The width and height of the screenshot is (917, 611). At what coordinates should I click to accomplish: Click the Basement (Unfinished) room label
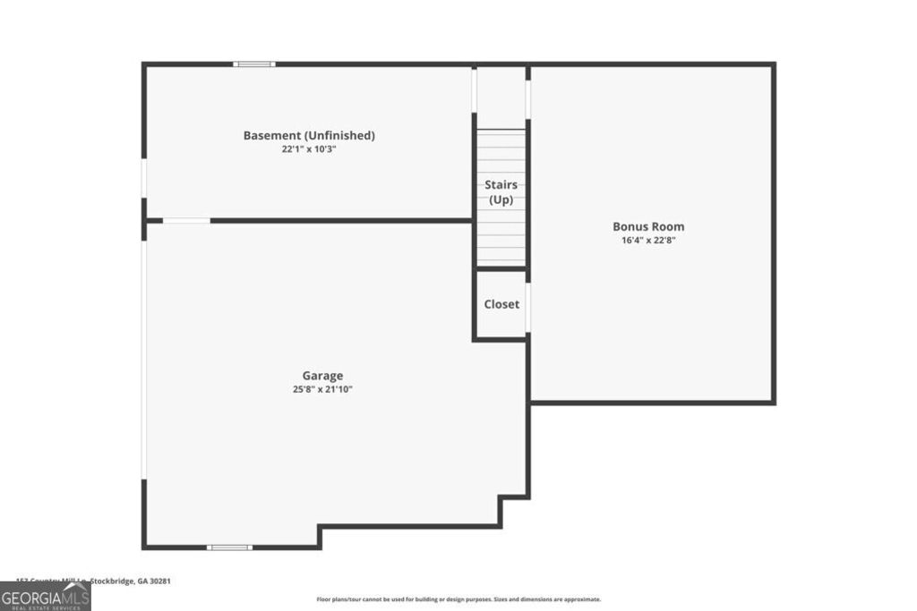coord(309,136)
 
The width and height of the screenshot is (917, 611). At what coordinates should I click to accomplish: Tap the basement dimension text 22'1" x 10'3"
coord(309,149)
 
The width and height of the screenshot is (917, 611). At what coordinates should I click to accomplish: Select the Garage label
coord(322,376)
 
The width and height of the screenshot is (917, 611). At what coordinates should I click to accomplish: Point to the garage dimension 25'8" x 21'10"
coord(322,389)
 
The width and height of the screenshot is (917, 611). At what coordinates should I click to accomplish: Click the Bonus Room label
coord(648,226)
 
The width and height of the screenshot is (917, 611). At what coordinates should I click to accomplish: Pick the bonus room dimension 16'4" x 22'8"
coord(648,240)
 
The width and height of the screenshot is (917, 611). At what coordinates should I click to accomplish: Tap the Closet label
coord(501,304)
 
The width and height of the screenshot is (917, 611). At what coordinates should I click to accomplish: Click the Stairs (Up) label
coord(501,192)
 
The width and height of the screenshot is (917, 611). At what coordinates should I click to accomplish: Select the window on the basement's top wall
coord(254,64)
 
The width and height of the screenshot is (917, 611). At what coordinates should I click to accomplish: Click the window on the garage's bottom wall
coord(229,547)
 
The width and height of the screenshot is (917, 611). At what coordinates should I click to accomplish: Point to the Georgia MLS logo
coord(45,597)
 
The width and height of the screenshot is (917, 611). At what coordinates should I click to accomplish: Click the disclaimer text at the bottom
coord(458,599)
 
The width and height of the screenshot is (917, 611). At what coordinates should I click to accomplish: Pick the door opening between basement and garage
coord(186,220)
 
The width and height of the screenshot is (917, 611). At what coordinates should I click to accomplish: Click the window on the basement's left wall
coord(143,178)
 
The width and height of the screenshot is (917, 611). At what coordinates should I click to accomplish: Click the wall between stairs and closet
coord(501,267)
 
